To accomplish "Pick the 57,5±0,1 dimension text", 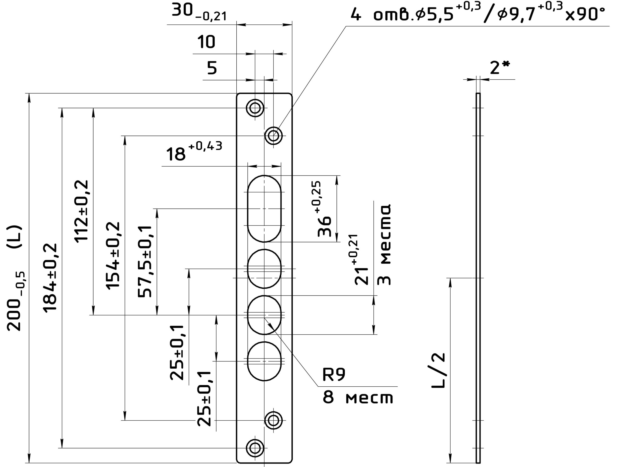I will coord(145,261).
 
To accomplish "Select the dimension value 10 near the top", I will coord(206,42).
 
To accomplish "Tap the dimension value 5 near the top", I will coord(212,68).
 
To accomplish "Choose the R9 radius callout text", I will coord(334,375).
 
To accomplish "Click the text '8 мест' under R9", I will coord(358,398).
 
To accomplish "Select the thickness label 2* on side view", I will coord(500,67).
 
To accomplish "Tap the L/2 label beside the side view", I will coord(438,370).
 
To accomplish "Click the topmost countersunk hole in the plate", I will coord(255,108).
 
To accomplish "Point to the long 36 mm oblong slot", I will coord(264,209).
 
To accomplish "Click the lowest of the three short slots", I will coord(264,361).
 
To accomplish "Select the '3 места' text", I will coord(384,244).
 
